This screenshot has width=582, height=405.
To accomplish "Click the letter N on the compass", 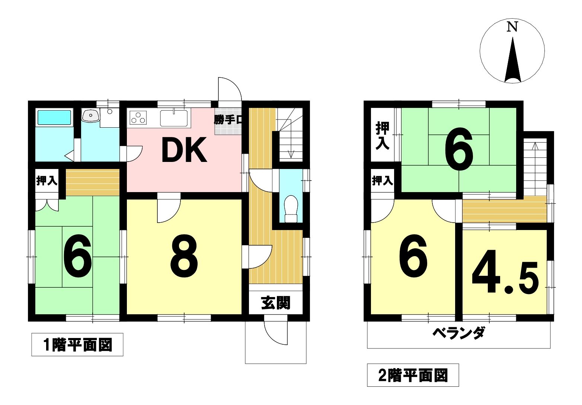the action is pyautogui.click(x=512, y=27).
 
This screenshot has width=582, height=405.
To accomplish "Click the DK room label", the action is pyautogui.click(x=184, y=150).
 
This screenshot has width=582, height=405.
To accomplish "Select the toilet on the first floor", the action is pyautogui.click(x=291, y=209).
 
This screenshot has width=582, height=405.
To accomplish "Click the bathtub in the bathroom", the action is pyautogui.click(x=54, y=118).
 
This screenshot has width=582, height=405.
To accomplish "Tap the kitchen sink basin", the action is pyautogui.click(x=174, y=118).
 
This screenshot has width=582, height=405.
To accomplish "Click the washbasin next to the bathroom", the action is pyautogui.click(x=90, y=115).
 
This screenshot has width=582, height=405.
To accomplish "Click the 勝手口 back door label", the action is pyautogui.click(x=228, y=120).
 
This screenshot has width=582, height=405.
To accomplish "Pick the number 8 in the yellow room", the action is pyautogui.click(x=184, y=256).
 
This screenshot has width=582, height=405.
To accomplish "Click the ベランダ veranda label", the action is pyautogui.click(x=459, y=333).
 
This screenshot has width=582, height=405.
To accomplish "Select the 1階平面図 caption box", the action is pyautogui.click(x=77, y=344).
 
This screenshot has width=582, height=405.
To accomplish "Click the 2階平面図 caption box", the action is pyautogui.click(x=413, y=375).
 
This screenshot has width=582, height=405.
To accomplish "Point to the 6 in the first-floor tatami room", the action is pyautogui.click(x=78, y=256).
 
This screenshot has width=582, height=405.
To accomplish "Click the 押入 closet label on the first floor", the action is pyautogui.click(x=47, y=181).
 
